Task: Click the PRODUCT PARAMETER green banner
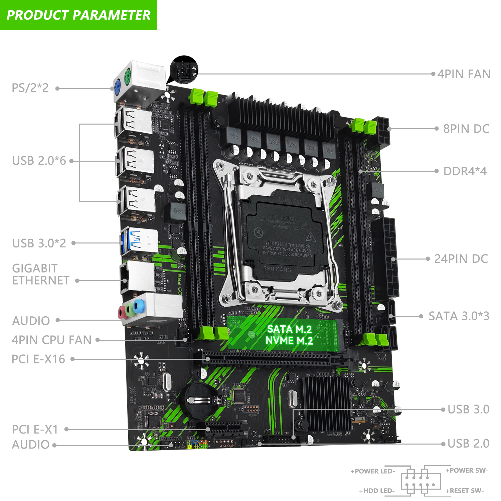click(x=78, y=15)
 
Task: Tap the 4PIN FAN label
click(x=464, y=74)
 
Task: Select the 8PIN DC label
click(x=466, y=129)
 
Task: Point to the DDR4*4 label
click(x=465, y=171)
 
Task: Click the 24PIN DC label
click(x=461, y=259)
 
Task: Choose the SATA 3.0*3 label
click(x=459, y=316)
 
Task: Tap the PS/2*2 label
click(x=30, y=88)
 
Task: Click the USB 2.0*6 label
click(x=39, y=161)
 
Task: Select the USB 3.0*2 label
click(x=39, y=243)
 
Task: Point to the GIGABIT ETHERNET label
click(x=40, y=274)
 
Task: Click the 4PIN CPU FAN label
click(x=51, y=340)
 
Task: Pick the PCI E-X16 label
click(x=38, y=359)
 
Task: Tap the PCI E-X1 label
click(x=35, y=429)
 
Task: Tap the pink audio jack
click(x=122, y=313)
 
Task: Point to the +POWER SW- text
click(x=467, y=471)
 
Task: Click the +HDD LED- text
click(x=377, y=491)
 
